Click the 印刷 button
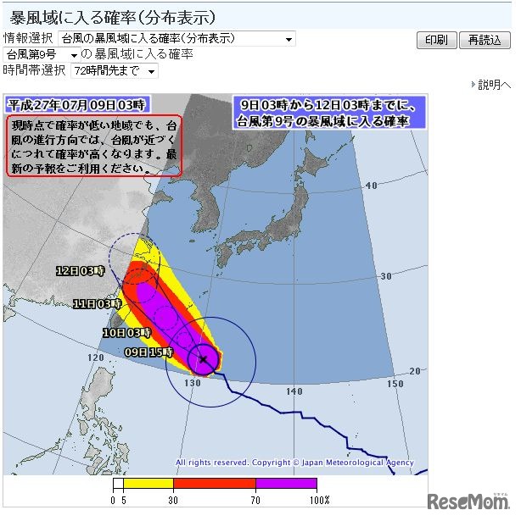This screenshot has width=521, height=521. tap(436, 41)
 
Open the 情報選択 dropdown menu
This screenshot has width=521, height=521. tap(177, 39)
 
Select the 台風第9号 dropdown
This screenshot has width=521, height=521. tap(42, 55)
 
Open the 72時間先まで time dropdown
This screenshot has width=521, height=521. tap(114, 71)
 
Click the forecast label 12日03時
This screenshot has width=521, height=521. tap(80, 272)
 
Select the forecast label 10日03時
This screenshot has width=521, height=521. tap(126, 333)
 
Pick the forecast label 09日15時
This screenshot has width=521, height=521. tap(149, 352)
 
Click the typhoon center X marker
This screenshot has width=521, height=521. tap(204, 360)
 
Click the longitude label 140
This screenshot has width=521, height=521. tap(294, 391)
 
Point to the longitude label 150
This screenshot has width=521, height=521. tap(395, 384)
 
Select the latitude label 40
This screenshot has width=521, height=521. tap(370, 184)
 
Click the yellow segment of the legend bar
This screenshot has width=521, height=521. tap(148, 485)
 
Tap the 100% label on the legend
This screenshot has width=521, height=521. tap(319, 501)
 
